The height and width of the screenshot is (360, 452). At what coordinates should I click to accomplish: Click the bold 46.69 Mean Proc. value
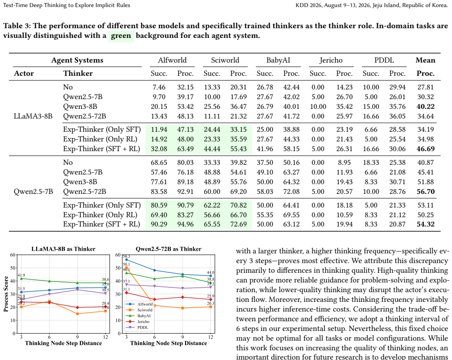[x=426, y=149]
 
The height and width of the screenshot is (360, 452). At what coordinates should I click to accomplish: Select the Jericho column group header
[x=331, y=60]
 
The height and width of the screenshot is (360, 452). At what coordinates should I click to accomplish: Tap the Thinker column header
[x=78, y=74]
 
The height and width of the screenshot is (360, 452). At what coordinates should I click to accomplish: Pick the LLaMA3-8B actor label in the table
[x=33, y=116]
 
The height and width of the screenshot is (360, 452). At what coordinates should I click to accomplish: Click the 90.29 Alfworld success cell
[x=159, y=224]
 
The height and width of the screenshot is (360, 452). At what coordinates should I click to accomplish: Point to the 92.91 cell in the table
[x=185, y=192]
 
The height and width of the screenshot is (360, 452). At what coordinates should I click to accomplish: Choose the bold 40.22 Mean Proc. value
[x=426, y=107]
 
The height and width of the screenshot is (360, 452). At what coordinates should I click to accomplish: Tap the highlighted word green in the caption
[x=121, y=36]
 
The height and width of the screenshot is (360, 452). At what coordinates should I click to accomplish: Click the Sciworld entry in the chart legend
[x=145, y=310]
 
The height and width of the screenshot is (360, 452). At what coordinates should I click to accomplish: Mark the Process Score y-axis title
[x=6, y=294]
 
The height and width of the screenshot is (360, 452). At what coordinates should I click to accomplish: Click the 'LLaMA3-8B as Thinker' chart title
[x=64, y=249]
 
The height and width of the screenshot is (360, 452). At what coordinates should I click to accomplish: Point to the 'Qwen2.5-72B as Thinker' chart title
[x=168, y=249]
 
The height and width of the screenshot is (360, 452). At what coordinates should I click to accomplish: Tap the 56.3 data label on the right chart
[x=126, y=256]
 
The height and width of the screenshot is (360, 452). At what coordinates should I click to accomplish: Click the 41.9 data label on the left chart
[x=21, y=275]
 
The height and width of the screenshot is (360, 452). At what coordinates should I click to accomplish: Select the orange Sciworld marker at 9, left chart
[x=77, y=314]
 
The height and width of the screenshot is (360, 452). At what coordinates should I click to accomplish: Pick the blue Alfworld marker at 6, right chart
[x=154, y=271]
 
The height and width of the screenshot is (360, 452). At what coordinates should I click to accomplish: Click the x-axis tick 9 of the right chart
[x=183, y=337]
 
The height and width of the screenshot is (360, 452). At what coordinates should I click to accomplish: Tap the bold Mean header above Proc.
[x=426, y=60]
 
